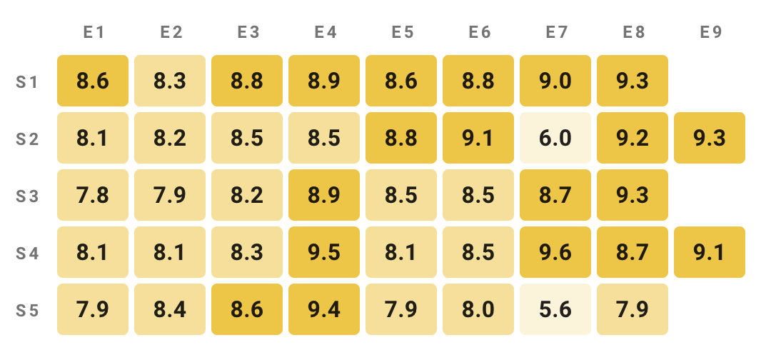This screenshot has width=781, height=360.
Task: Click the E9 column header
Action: click(710, 32)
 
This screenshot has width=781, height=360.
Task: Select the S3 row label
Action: click(27, 195)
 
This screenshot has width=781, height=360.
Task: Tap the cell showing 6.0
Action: click(555, 138)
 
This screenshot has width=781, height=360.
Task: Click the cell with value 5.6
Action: click(555, 309)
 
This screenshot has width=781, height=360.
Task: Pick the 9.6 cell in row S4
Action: click(555, 252)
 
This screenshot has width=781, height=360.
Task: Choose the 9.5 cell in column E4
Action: click(324, 252)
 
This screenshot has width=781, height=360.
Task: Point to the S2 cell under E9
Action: click(710, 138)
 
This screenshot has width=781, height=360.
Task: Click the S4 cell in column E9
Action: click(710, 252)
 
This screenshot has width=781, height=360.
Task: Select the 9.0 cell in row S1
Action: click(555, 81)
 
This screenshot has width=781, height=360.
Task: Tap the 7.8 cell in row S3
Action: click(93, 195)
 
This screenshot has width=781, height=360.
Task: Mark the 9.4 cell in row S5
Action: click(324, 309)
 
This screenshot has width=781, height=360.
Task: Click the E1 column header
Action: click(93, 32)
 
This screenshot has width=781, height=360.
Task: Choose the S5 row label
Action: click(27, 309)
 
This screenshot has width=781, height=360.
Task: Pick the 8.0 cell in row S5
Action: click(478, 309)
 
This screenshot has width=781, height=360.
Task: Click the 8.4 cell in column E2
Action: click(170, 309)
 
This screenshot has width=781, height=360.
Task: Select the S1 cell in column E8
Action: click(633, 81)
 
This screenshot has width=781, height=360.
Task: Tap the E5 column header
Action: click(401, 32)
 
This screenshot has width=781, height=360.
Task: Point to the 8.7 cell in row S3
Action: click(555, 195)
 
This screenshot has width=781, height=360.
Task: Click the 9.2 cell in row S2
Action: click(633, 138)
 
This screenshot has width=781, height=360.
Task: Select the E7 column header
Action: click(555, 32)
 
